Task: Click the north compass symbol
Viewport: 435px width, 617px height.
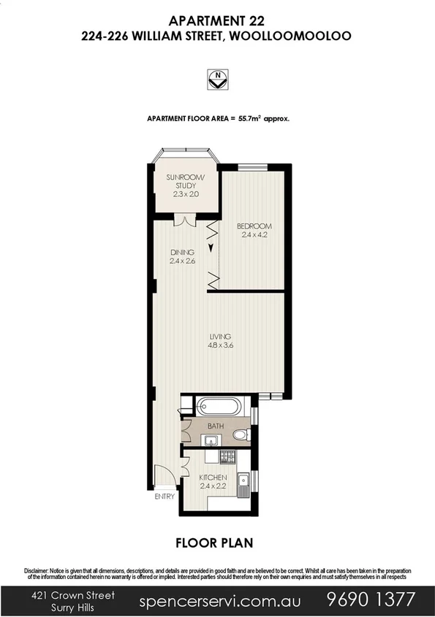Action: click(x=217, y=78)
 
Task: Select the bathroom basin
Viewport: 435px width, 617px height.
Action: click(x=211, y=440)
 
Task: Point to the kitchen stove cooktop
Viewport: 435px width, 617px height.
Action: click(x=227, y=458)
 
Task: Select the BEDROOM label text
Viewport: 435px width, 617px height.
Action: click(x=254, y=226)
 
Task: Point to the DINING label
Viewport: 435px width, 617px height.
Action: click(x=181, y=253)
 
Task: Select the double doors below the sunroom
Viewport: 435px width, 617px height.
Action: click(x=184, y=221)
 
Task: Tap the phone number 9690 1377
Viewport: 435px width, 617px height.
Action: click(x=370, y=600)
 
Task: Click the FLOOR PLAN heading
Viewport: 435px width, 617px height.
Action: click(x=217, y=543)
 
